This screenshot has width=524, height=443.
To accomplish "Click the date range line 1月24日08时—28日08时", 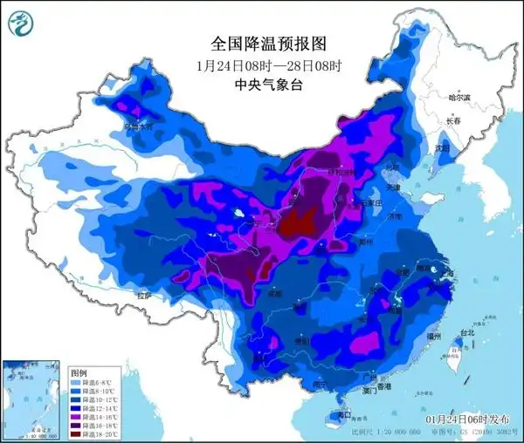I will [263, 65].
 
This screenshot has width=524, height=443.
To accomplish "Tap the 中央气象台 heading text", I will [263, 85].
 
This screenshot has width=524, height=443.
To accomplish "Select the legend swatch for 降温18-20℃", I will [78, 433].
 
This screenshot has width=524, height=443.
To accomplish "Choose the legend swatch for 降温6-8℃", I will [78, 381].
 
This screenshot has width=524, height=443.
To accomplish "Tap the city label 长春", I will [452, 121].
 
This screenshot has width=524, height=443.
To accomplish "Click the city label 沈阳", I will [444, 149].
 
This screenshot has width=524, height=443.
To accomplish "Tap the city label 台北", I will [468, 332].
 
